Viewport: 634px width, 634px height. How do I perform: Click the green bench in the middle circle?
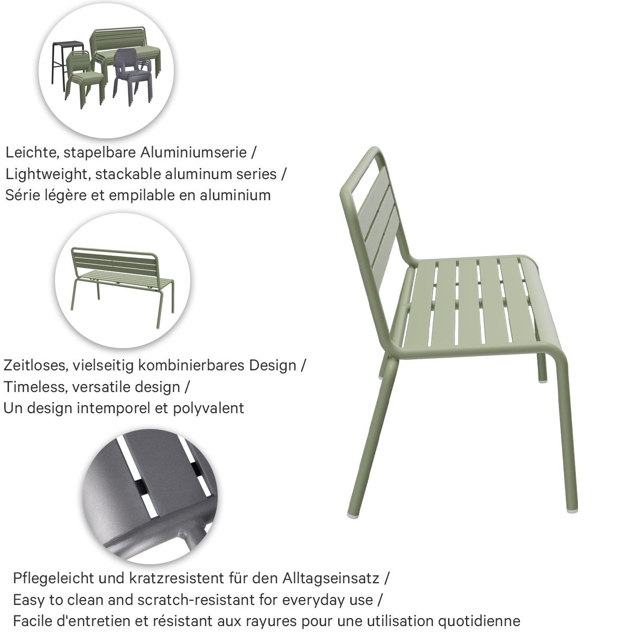click(123, 280)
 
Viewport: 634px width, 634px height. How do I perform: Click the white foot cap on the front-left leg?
click(352, 513)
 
